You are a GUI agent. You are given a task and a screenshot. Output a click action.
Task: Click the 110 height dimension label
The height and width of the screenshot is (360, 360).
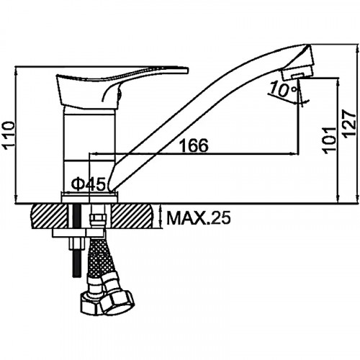point(9,135)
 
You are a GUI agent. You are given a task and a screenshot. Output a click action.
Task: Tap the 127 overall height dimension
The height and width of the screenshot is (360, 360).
point(349,124)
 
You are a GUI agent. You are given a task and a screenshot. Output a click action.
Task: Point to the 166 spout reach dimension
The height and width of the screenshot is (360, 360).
point(194,145)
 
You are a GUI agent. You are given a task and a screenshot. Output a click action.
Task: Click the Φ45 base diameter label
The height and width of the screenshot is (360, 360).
point(88,184)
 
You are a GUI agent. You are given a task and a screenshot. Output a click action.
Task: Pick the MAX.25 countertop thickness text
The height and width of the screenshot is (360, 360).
point(199,217)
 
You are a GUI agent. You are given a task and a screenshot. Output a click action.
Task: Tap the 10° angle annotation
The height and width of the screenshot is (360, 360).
point(283,89)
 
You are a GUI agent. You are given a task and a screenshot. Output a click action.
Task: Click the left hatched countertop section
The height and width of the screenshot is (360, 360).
point(49,216)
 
